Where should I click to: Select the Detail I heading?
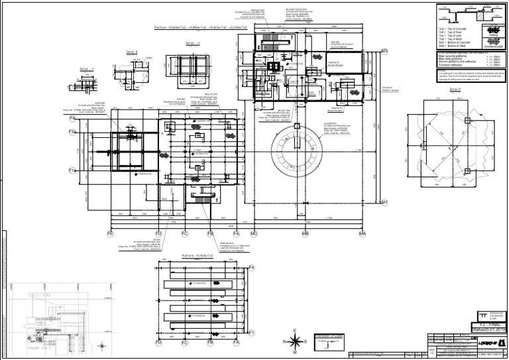(87, 68)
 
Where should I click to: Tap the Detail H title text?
(193, 44)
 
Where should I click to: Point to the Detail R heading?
(455, 90)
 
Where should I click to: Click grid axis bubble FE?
(110, 234)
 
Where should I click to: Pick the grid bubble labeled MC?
(254, 234)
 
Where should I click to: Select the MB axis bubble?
(306, 234)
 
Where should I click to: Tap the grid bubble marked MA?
(363, 234)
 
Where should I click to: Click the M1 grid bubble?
(384, 202)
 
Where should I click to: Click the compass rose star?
(295, 341)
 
